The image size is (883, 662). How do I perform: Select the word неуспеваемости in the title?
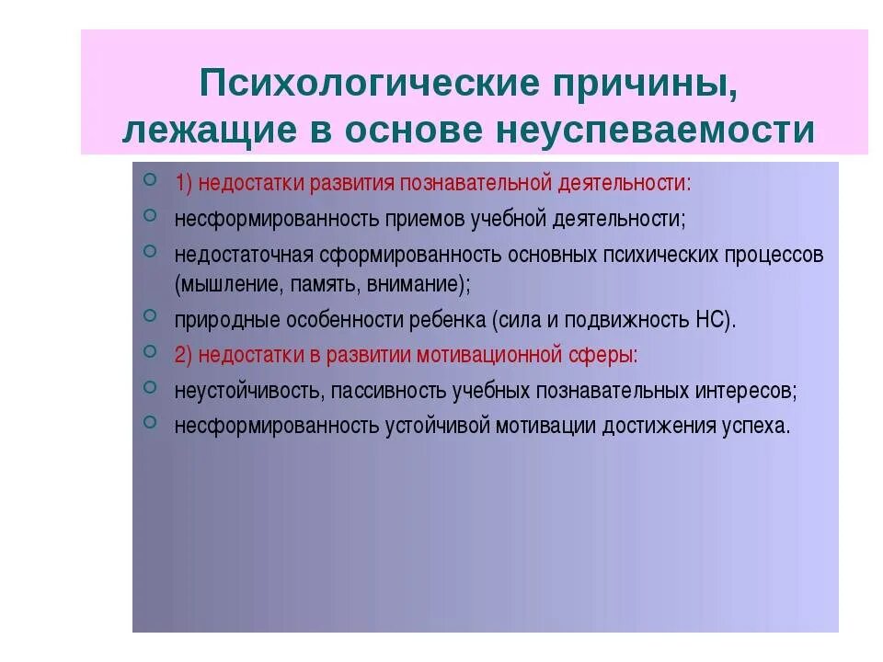point(656,131)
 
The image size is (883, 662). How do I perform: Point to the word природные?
point(215,320)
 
